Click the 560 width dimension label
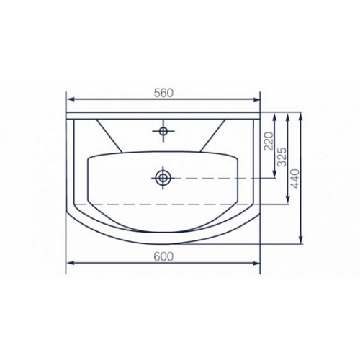[x=163, y=94]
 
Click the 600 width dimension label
[x=163, y=257]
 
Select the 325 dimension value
[x=282, y=157]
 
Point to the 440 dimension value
[x=295, y=179]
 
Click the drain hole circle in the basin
[x=163, y=178]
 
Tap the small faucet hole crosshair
[x=163, y=131]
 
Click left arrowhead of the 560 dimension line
[x=70, y=99]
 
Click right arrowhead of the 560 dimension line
[x=256, y=99]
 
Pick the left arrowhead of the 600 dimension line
[x=70, y=263]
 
